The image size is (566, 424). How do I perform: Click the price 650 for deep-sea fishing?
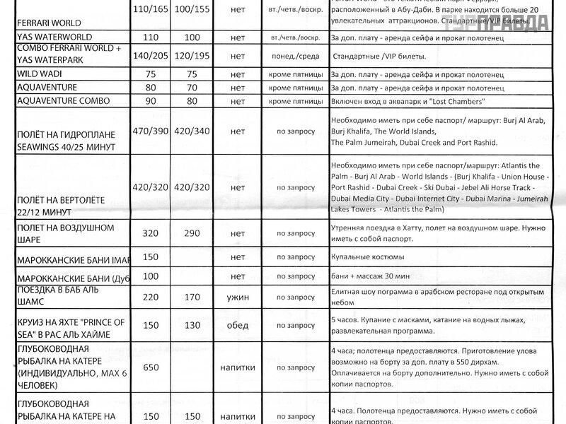[x=149, y=368]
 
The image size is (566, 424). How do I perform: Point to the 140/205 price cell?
[x=149, y=54]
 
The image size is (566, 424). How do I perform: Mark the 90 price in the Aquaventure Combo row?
[x=149, y=102]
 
